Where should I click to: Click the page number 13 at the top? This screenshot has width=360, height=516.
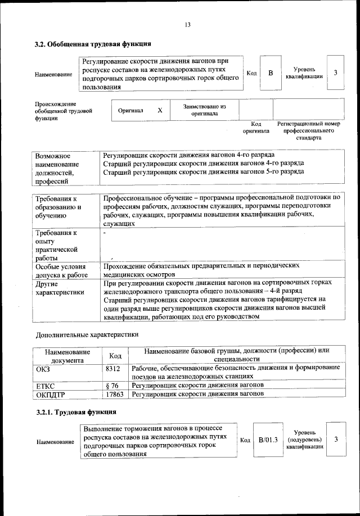pyautogui.click(x=188, y=25)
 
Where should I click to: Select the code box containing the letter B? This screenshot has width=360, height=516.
pyautogui.click(x=271, y=73)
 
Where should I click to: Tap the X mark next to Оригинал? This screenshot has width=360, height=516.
pyautogui.click(x=160, y=110)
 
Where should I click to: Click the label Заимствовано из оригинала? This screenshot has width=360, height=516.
pyautogui.click(x=204, y=110)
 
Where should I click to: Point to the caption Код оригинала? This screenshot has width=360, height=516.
pyautogui.click(x=256, y=127)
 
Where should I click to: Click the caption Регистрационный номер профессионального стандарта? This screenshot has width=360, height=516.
pyautogui.click(x=308, y=130)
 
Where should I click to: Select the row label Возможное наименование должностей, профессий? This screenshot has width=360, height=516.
pyautogui.click(x=57, y=168)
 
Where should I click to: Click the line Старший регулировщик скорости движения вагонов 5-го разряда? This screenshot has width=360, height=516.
pyautogui.click(x=204, y=172)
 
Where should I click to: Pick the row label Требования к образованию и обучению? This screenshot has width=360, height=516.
pyautogui.click(x=58, y=207)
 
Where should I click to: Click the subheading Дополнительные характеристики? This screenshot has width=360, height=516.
pyautogui.click(x=87, y=335)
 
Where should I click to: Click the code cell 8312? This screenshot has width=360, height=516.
pyautogui.click(x=113, y=368)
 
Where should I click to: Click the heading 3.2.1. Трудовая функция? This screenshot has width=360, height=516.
pyautogui.click(x=68, y=413)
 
